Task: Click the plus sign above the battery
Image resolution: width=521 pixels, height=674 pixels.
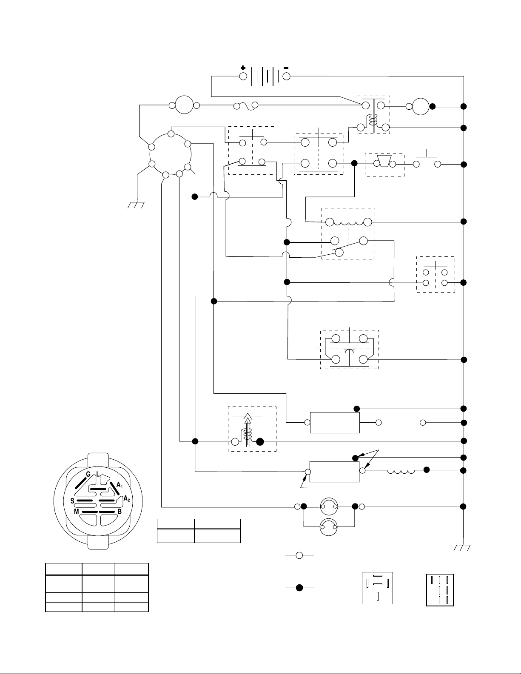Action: [x=243, y=68]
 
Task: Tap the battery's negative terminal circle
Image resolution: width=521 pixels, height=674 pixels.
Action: [x=286, y=76]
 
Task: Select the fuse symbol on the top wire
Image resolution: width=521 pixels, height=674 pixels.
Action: [x=246, y=106]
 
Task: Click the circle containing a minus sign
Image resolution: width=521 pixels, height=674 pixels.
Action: [x=421, y=106]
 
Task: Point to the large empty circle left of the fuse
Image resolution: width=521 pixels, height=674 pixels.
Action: [x=184, y=105]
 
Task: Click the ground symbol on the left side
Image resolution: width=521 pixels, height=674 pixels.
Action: [x=136, y=205]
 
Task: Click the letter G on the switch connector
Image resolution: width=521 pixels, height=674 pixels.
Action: [x=88, y=474]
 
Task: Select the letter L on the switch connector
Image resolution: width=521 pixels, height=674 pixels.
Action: [x=98, y=474]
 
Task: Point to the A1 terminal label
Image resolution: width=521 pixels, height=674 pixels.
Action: [x=120, y=485]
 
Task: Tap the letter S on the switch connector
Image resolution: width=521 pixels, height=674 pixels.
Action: [x=72, y=501]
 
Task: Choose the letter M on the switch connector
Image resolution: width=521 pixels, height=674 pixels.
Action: [x=76, y=512]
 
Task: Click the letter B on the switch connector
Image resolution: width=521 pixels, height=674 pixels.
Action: [x=120, y=512]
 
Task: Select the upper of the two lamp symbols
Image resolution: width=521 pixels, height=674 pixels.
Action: [x=329, y=506]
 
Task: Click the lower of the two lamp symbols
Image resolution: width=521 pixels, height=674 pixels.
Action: [x=328, y=527]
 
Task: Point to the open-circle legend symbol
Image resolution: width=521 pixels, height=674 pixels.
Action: [x=299, y=555]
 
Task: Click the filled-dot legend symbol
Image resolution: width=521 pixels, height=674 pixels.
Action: [x=299, y=587]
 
